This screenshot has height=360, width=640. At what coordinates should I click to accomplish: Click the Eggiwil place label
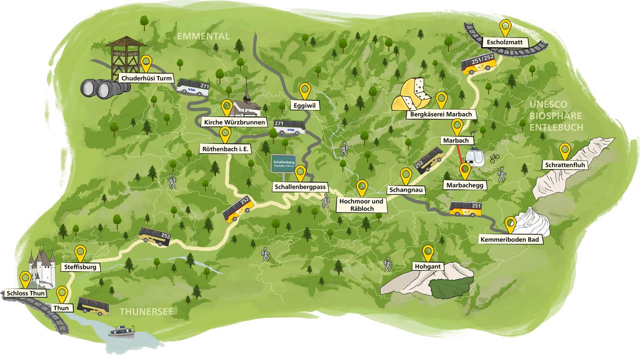point(305,106)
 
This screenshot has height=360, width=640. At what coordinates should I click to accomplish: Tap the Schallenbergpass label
point(301,187)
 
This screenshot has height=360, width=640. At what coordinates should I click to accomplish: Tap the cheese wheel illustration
point(412,95)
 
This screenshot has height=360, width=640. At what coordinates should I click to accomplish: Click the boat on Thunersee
point(122,332)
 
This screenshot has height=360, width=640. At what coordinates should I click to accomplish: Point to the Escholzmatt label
point(504,42)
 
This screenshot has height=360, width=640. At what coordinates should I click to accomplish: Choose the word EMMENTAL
point(203,36)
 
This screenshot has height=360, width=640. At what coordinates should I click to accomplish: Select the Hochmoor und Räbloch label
point(361,205)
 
